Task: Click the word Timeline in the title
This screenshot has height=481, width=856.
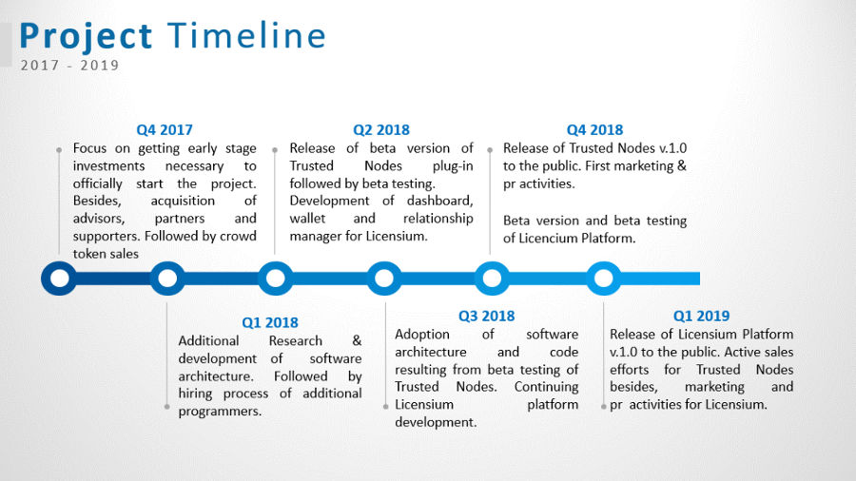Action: [x=246, y=36]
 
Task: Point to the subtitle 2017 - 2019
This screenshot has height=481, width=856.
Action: [x=69, y=66]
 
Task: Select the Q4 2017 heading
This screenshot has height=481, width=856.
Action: [x=165, y=130]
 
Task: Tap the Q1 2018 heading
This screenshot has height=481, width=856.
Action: [x=270, y=322]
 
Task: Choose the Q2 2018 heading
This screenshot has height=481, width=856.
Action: [x=381, y=130]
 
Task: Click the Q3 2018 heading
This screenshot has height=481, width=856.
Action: [x=486, y=316]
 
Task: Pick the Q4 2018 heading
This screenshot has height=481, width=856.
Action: [x=594, y=130]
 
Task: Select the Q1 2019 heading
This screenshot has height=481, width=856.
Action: [x=702, y=316]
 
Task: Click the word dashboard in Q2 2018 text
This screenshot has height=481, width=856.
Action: [x=439, y=201]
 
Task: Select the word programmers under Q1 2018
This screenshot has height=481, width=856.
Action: [x=220, y=412]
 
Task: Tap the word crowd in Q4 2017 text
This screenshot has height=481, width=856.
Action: [x=238, y=236]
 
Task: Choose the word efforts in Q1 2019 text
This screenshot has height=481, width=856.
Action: [x=630, y=370]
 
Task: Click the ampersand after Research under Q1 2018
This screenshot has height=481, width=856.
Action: [x=357, y=341]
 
